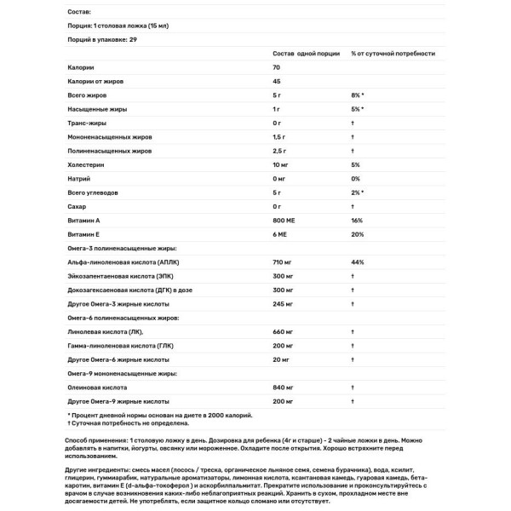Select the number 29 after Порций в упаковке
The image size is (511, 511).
[x=133, y=39]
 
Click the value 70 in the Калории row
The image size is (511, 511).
[x=277, y=67]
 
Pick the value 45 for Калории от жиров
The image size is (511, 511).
[x=277, y=81]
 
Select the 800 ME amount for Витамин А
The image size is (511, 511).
[x=284, y=220]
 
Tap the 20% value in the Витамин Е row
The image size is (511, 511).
[x=356, y=234]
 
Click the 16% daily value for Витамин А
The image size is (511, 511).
[x=356, y=220]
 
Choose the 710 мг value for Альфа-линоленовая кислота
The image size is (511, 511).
[x=283, y=261]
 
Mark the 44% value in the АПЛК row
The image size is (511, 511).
[x=357, y=261]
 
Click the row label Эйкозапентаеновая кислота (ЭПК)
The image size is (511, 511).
[x=118, y=276]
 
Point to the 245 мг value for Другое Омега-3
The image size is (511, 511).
[x=283, y=303]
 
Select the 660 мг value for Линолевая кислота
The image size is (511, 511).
[x=283, y=331]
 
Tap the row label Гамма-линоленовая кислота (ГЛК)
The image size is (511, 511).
[x=117, y=345]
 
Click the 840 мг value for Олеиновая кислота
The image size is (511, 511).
[x=283, y=387]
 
